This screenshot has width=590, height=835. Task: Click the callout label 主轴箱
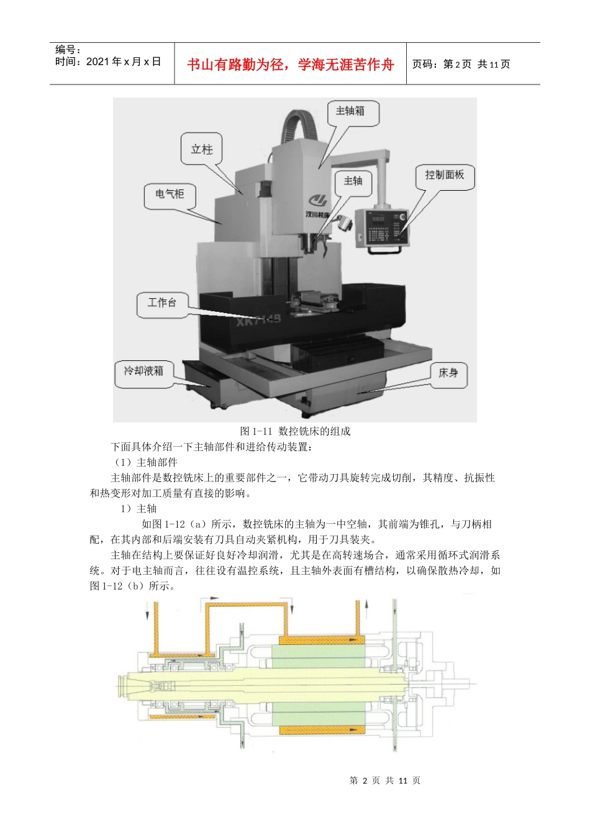tap(350, 111)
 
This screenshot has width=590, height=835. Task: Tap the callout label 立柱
tap(201, 149)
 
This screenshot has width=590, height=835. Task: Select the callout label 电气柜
tap(170, 194)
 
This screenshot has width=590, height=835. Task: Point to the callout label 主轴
tap(353, 181)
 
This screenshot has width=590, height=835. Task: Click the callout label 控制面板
tap(444, 175)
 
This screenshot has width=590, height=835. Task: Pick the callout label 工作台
tap(161, 303)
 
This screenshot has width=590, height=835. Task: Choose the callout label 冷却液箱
tap(143, 371)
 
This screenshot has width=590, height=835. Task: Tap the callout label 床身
tap(448, 373)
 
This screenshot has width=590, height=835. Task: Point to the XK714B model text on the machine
tap(258, 319)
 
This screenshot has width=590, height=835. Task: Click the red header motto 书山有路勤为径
tap(290, 65)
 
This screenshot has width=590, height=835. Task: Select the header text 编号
tap(68, 50)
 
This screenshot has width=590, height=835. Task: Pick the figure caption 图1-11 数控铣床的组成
tap(295, 431)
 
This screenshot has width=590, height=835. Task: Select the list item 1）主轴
tap(138, 509)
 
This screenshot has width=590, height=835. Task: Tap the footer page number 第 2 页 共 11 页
tap(385, 780)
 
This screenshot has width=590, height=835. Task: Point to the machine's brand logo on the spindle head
tap(318, 200)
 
